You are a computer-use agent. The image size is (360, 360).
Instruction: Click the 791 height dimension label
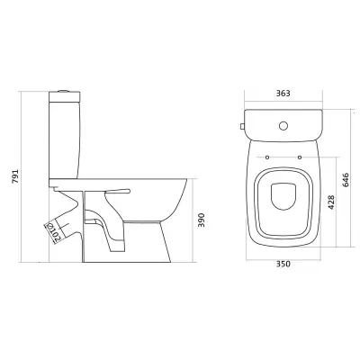(x=15, y=176)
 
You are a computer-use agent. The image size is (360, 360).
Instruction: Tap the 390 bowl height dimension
(x=202, y=220)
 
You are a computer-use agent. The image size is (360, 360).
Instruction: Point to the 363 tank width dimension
(x=283, y=94)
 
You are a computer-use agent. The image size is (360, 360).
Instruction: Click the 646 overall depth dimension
(x=346, y=180)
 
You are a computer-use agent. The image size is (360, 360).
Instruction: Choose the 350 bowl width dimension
(x=283, y=264)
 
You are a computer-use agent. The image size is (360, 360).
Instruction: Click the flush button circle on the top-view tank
(x=283, y=125)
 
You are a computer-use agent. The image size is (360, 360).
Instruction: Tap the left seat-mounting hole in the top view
(x=267, y=157)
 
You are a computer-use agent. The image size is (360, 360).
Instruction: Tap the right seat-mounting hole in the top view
(x=300, y=157)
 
